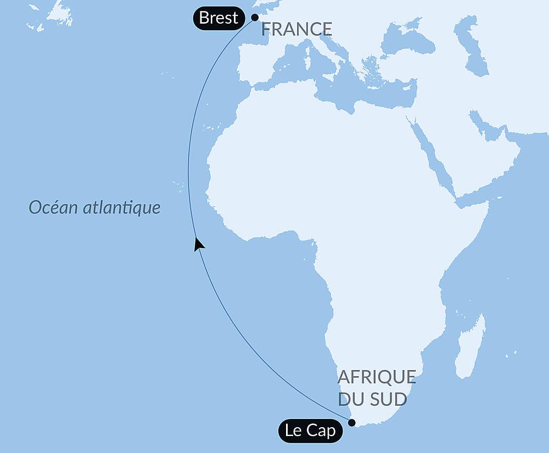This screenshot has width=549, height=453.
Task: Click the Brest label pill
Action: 219,18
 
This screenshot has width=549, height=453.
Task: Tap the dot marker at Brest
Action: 255,17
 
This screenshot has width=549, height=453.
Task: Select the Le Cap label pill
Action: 310,430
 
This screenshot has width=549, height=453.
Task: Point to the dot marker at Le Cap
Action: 352,423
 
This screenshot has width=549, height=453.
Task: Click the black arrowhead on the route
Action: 199,244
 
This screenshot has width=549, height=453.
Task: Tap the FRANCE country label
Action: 296,29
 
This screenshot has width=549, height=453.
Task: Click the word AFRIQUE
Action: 377,377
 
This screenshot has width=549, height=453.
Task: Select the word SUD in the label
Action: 389,399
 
